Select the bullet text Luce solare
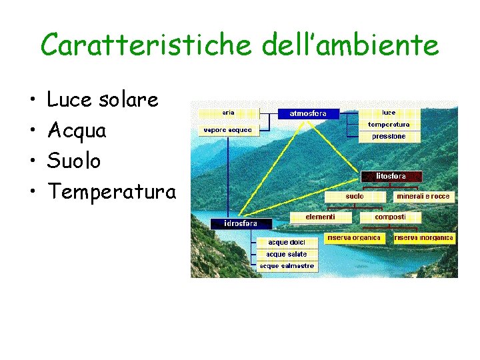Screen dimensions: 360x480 click(103, 100)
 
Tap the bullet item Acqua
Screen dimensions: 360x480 click(77, 131)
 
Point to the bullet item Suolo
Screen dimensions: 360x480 click(74, 161)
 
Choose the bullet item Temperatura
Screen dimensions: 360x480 click(111, 193)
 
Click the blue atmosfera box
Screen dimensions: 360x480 click(308, 114)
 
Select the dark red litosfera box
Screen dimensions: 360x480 click(391, 177)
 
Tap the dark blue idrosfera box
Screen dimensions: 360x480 click(233, 223)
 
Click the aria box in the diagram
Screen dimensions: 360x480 click(228, 113)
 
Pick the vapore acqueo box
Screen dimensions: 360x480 click(228, 130)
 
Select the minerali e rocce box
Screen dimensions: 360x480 click(423, 197)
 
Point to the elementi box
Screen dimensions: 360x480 click(320, 217)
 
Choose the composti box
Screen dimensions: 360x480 click(389, 217)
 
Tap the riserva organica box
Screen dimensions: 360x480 click(353, 238)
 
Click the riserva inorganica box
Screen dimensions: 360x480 click(424, 238)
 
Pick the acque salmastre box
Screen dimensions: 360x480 click(287, 266)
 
